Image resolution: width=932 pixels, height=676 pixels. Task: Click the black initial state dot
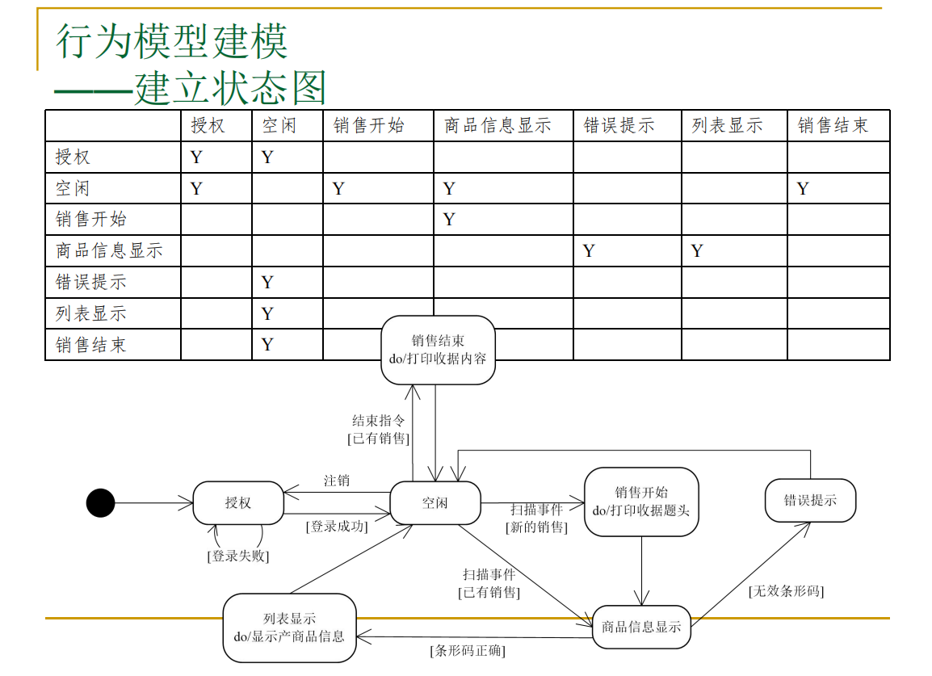pyautogui.click(x=100, y=503)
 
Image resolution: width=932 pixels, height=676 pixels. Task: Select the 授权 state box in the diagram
pyautogui.click(x=238, y=503)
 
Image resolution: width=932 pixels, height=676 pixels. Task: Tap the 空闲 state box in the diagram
pyautogui.click(x=435, y=503)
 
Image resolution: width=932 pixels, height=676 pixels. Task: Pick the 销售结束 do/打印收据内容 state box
pyautogui.click(x=438, y=350)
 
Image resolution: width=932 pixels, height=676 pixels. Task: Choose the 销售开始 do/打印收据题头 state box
pyautogui.click(x=641, y=502)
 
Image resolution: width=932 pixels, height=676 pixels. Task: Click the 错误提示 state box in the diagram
pyautogui.click(x=810, y=501)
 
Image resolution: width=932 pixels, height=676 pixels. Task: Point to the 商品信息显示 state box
pyautogui.click(x=641, y=627)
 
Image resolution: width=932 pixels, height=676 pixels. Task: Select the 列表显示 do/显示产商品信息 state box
pyautogui.click(x=289, y=628)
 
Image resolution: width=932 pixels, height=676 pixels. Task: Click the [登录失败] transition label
pyautogui.click(x=237, y=556)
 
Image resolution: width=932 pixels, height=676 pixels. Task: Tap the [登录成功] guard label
pyautogui.click(x=336, y=527)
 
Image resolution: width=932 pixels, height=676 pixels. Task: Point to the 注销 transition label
pyautogui.click(x=337, y=481)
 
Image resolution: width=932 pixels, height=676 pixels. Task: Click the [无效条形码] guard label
pyautogui.click(x=786, y=591)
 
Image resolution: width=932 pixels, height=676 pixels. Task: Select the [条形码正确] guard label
pyautogui.click(x=468, y=650)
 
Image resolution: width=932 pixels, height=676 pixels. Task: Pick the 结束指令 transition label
pyautogui.click(x=378, y=421)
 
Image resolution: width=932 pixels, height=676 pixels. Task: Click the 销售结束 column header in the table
pyautogui.click(x=833, y=126)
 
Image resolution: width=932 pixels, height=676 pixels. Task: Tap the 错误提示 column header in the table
pyautogui.click(x=619, y=126)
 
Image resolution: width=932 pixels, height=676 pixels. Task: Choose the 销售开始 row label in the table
pyautogui.click(x=91, y=220)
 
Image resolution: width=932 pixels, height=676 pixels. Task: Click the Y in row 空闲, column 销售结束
pyautogui.click(x=803, y=189)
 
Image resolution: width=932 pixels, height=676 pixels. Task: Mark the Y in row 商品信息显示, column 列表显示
pyautogui.click(x=697, y=251)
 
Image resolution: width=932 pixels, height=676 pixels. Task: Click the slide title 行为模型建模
pyautogui.click(x=171, y=40)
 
